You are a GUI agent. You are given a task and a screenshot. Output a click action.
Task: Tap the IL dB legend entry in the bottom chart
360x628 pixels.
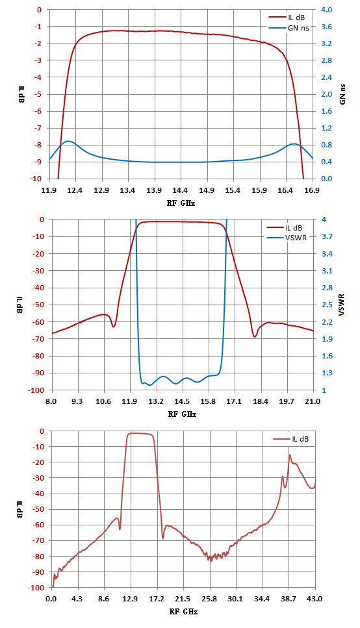pyautogui.click(x=291, y=439)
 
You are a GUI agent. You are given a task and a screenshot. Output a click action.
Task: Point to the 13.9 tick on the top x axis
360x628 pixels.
pyautogui.click(x=154, y=190)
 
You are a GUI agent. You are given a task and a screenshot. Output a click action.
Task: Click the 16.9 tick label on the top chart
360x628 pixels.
pyautogui.click(x=311, y=190)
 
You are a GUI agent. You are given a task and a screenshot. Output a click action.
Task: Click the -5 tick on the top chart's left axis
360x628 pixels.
pyautogui.click(x=39, y=95)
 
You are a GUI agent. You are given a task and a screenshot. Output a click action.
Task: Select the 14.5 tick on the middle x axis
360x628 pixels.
pyautogui.click(x=182, y=401)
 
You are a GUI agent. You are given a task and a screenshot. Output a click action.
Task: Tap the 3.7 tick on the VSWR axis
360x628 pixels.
pyautogui.click(x=327, y=236)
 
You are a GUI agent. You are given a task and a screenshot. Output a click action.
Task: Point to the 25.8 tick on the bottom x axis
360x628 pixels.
pyautogui.click(x=209, y=599)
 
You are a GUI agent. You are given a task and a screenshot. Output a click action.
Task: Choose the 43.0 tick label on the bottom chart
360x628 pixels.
pyautogui.click(x=315, y=599)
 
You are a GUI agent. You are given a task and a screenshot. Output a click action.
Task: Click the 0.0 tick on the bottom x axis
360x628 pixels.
pyautogui.click(x=51, y=599)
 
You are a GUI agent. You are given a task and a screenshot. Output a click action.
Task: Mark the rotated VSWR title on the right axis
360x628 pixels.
pyautogui.click(x=342, y=305)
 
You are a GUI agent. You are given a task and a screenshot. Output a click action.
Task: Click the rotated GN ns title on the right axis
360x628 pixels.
pyautogui.click(x=342, y=94)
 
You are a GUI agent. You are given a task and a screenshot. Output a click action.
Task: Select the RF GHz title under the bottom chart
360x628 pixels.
pyautogui.click(x=183, y=612)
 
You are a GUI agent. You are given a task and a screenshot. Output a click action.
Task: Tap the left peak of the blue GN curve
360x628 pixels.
pyautogui.click(x=68, y=141)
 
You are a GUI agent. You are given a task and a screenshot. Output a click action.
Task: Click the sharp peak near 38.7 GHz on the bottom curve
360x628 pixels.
pyautogui.click(x=289, y=455)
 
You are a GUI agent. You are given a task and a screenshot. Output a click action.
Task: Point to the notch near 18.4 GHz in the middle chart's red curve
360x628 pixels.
pyautogui.click(x=255, y=336)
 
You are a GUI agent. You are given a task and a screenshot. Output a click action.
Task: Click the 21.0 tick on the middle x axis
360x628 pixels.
pyautogui.click(x=313, y=401)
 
